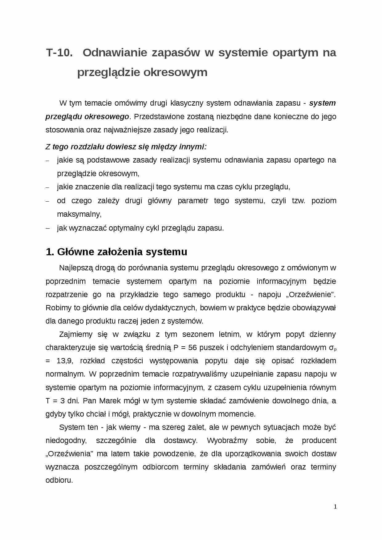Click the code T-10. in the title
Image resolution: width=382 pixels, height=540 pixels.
pyautogui.click(x=59, y=53)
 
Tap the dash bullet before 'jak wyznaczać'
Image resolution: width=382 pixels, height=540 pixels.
pyautogui.click(x=47, y=228)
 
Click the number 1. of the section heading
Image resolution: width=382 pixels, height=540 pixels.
pyautogui.click(x=50, y=252)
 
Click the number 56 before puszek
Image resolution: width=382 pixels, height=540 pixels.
pyautogui.click(x=192, y=348)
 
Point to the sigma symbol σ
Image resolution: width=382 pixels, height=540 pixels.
pyautogui.click(x=331, y=348)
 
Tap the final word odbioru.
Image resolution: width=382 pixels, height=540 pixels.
pyautogui.click(x=59, y=480)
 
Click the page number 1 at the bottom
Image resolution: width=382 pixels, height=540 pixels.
pyautogui.click(x=335, y=507)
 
